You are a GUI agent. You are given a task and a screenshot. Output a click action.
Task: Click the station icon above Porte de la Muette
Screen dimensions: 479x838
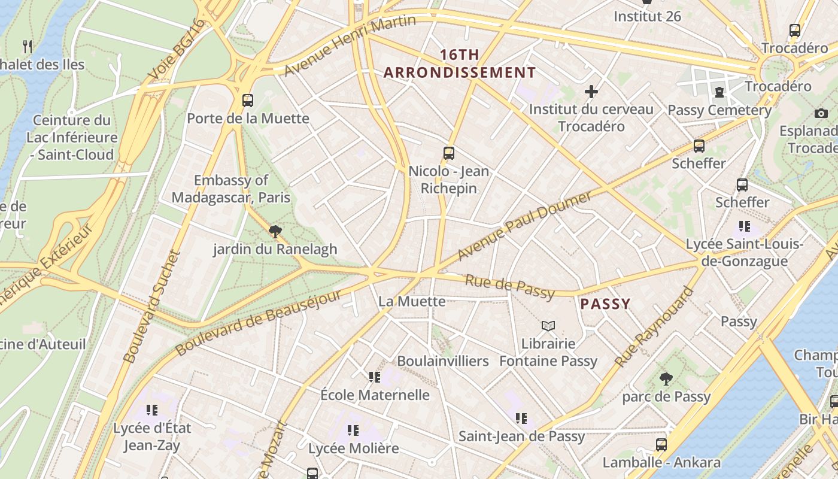[248, 101]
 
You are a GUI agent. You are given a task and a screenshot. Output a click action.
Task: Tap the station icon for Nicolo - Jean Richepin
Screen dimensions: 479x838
[449, 153]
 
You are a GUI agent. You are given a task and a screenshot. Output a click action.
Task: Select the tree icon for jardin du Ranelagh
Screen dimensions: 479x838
[275, 232]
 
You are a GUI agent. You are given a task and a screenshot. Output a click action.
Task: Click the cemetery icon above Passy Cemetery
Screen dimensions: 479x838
[718, 92]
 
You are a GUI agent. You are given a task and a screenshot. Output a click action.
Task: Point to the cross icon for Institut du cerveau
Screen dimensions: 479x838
[591, 92]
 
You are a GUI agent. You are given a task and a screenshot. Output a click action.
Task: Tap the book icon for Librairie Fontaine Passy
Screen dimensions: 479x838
[548, 326]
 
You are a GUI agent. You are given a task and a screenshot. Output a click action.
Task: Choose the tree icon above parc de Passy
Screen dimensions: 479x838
[666, 379]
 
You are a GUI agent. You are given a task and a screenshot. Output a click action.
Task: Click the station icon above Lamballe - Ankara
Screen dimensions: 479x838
[661, 445]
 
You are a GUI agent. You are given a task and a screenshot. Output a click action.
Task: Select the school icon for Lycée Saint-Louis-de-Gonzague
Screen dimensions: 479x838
[745, 226]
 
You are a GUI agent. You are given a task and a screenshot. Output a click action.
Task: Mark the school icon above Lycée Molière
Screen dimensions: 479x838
[353, 431]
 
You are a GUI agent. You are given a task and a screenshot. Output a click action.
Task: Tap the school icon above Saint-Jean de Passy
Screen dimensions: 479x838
[521, 419]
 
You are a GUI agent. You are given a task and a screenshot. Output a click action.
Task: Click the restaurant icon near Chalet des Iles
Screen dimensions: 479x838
[27, 47]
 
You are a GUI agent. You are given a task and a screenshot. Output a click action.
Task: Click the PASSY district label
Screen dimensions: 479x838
[605, 304]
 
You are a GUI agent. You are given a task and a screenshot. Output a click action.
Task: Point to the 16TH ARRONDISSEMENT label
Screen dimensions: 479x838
[460, 64]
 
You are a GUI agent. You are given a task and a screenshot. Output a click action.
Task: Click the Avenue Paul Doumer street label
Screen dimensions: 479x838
[524, 226]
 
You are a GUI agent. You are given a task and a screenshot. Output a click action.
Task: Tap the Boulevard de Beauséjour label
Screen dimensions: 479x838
[259, 322]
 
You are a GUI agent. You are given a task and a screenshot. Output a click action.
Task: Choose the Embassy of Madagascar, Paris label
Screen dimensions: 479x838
[231, 189]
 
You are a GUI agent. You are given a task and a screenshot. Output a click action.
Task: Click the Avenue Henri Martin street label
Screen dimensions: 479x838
[350, 46]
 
